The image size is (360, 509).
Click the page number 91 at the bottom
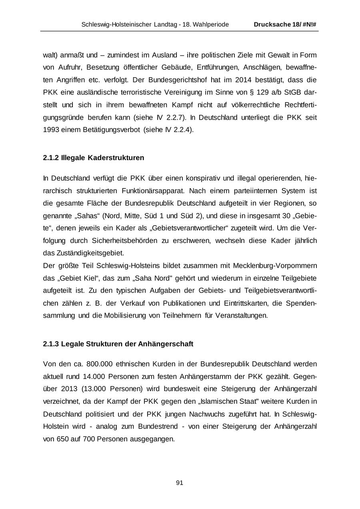coord(180,483)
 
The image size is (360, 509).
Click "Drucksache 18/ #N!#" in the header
coord(285,24)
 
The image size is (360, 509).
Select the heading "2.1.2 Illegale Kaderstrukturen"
coord(93,158)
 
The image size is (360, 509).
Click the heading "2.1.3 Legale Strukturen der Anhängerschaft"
coord(118,344)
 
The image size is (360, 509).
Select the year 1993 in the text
coord(51,130)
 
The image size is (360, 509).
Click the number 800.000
coord(99,364)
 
